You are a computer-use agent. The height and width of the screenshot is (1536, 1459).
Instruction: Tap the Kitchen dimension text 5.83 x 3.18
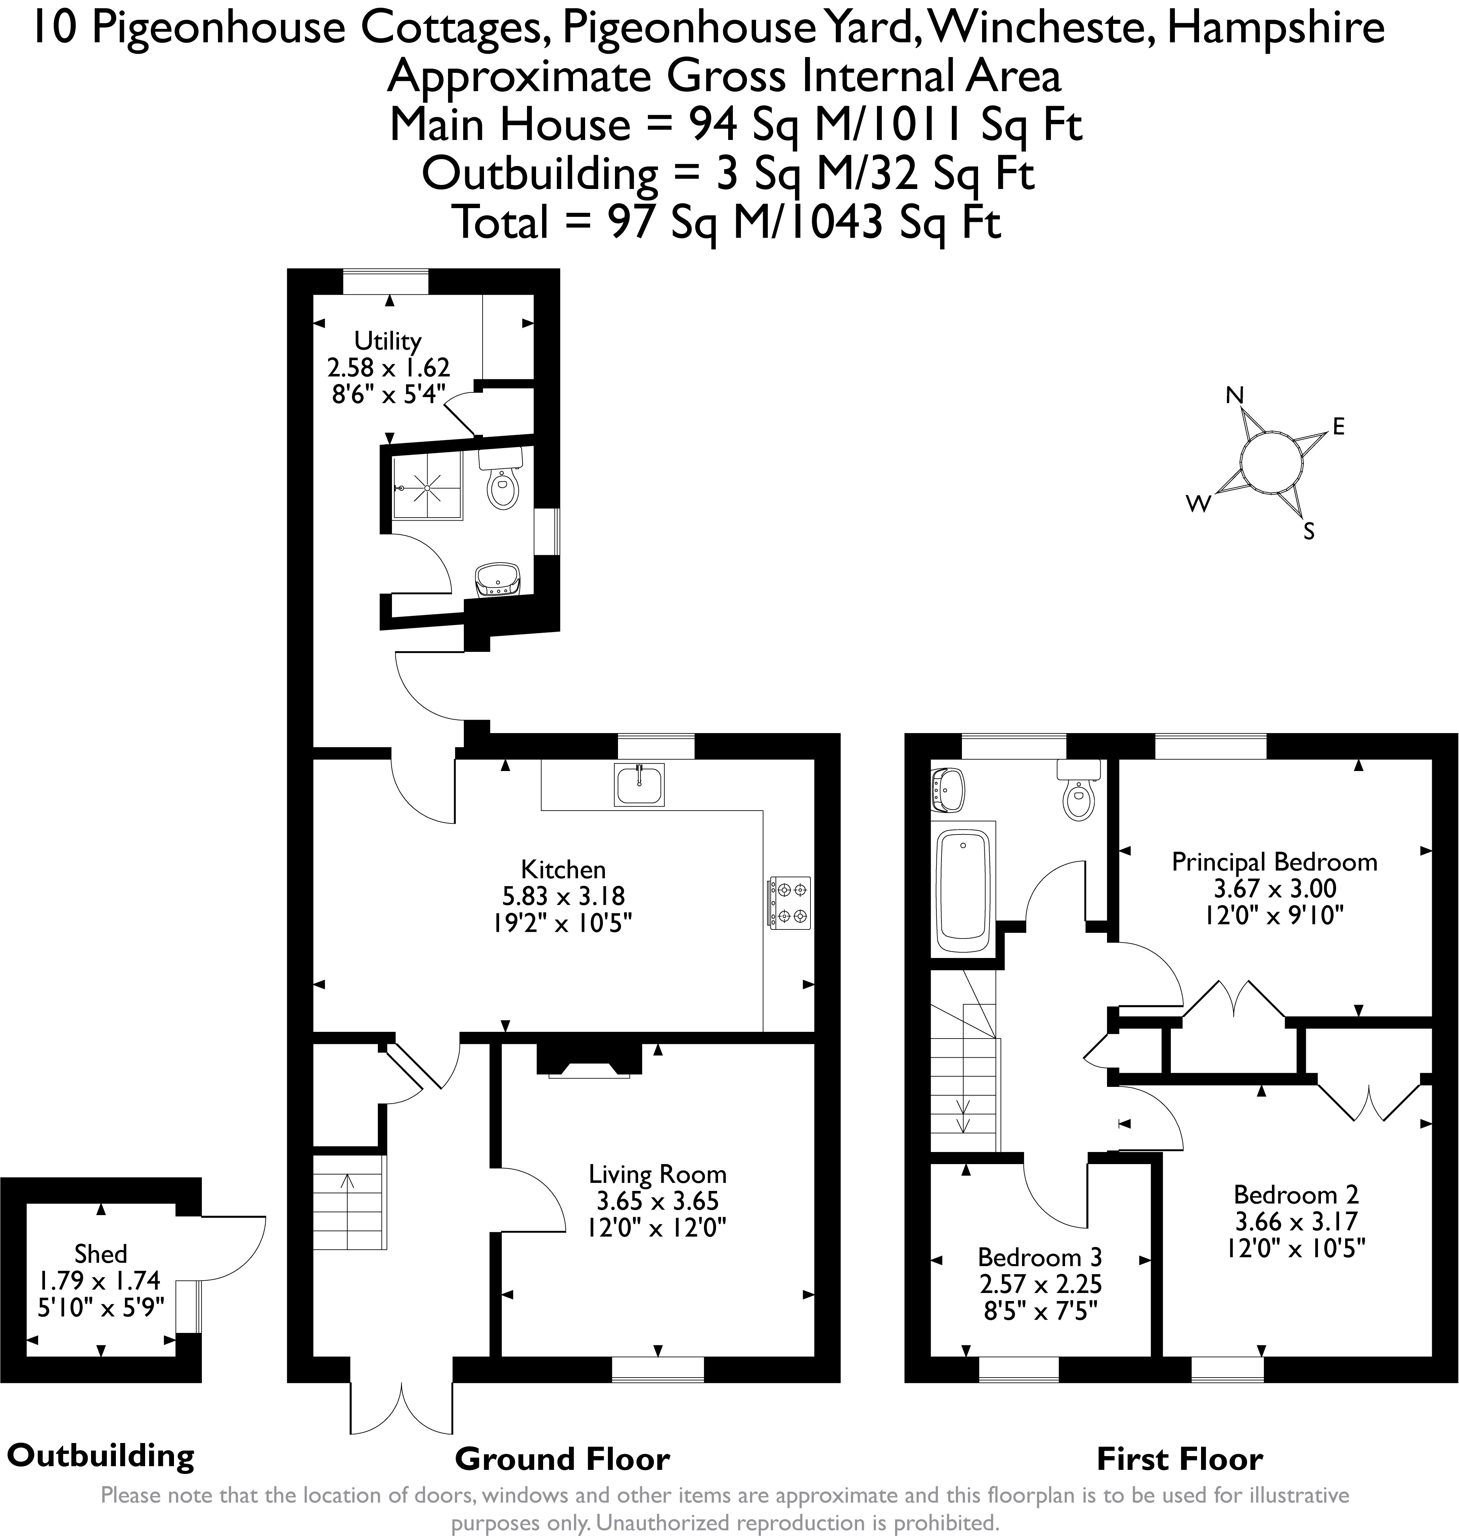pyautogui.click(x=563, y=896)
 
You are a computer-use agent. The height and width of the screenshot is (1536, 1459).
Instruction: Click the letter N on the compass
pyautogui.click(x=1234, y=396)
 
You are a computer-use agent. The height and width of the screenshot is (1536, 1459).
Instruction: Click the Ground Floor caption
pyautogui.click(x=562, y=1459)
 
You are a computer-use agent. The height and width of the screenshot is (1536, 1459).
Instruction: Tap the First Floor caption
pyautogui.click(x=1179, y=1459)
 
